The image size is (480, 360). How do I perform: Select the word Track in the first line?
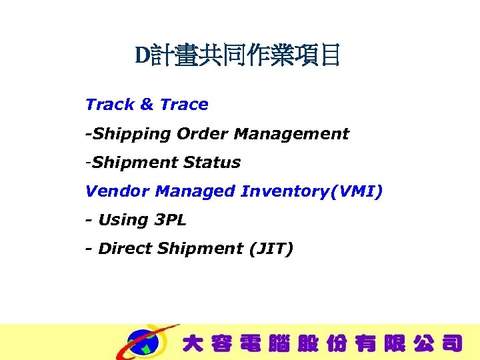pos(110,105)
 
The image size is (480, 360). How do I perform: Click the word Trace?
pos(184,105)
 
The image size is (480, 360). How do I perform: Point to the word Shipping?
pos(131,134)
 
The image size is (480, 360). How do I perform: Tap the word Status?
pos(212,162)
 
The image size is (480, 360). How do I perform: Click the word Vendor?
pos(117,191)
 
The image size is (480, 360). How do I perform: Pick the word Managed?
pos(195,191)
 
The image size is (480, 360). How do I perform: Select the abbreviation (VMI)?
pos(360,191)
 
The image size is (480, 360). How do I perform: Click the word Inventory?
pos(288,191)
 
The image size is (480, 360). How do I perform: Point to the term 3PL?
pos(170,220)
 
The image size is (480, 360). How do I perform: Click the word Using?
pos(123,220)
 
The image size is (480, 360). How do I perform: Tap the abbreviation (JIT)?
pos(271,249)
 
